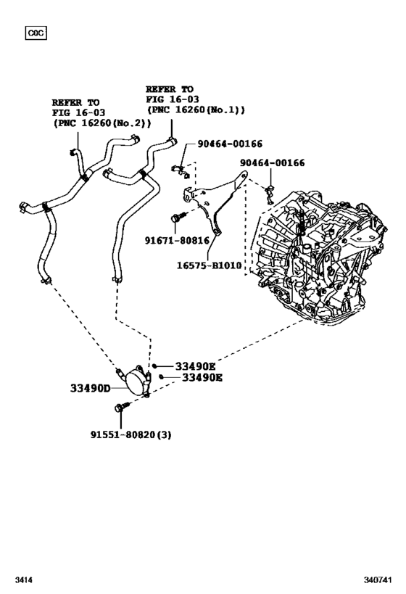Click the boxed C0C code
pyautogui.click(x=35, y=33)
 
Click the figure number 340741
pyautogui.click(x=378, y=581)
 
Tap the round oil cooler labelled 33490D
pyautogui.click(x=133, y=381)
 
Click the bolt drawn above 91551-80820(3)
pyautogui.click(x=121, y=408)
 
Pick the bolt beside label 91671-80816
pyautogui.click(x=178, y=215)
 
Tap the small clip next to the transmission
pyautogui.click(x=269, y=191)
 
